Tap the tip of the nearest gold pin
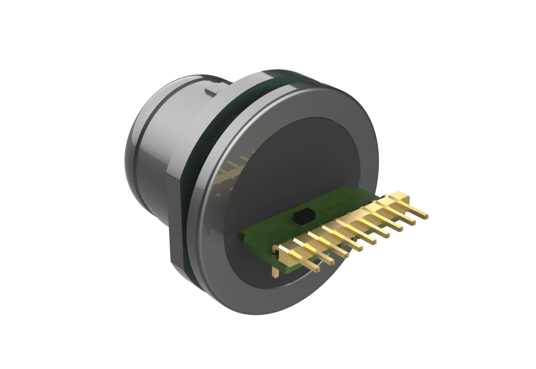(x=316, y=268)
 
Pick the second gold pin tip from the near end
(x=330, y=262)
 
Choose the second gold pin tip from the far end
(x=412, y=221)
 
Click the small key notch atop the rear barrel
(x=211, y=92)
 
